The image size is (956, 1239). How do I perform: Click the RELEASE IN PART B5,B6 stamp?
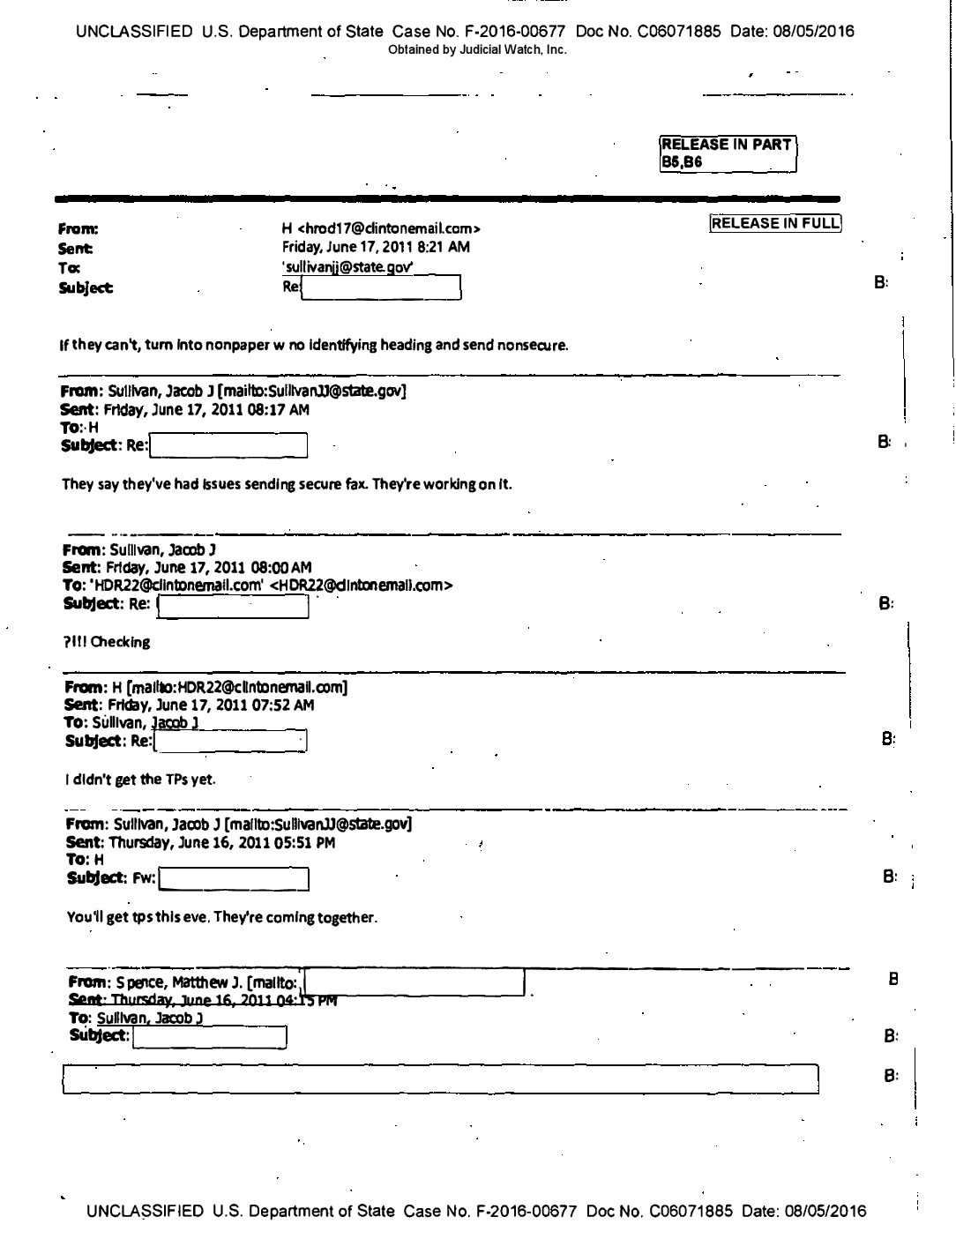coord(728,153)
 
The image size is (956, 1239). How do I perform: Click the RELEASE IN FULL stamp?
coord(775,223)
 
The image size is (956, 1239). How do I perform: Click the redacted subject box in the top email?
coord(381,287)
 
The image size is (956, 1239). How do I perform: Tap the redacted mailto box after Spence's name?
coord(414,982)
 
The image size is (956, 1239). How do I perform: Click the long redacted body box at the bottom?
coord(440,1079)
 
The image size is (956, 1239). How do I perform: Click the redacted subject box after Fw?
coord(233,879)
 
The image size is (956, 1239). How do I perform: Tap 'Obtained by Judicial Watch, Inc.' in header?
coord(477,50)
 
